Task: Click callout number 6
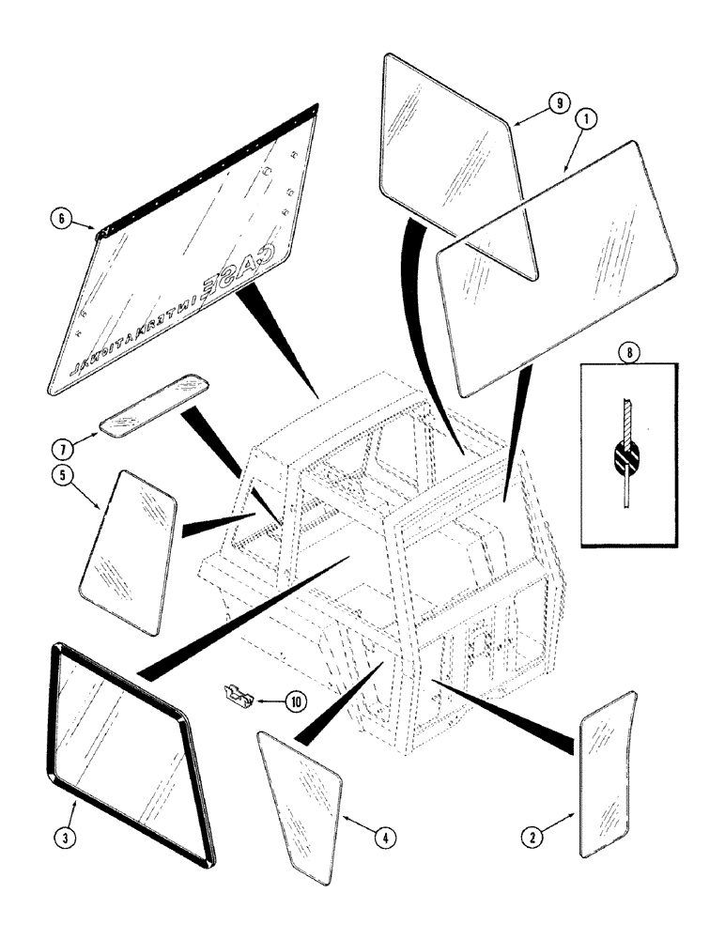62,219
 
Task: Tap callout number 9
560,103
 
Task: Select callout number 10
297,700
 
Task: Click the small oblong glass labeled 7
153,407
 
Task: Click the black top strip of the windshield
207,165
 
